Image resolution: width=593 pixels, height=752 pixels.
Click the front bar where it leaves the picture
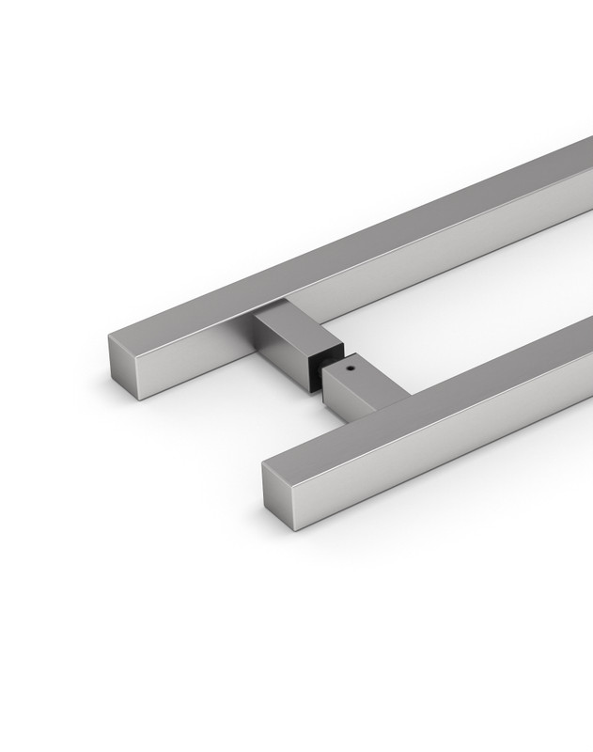point(587,367)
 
